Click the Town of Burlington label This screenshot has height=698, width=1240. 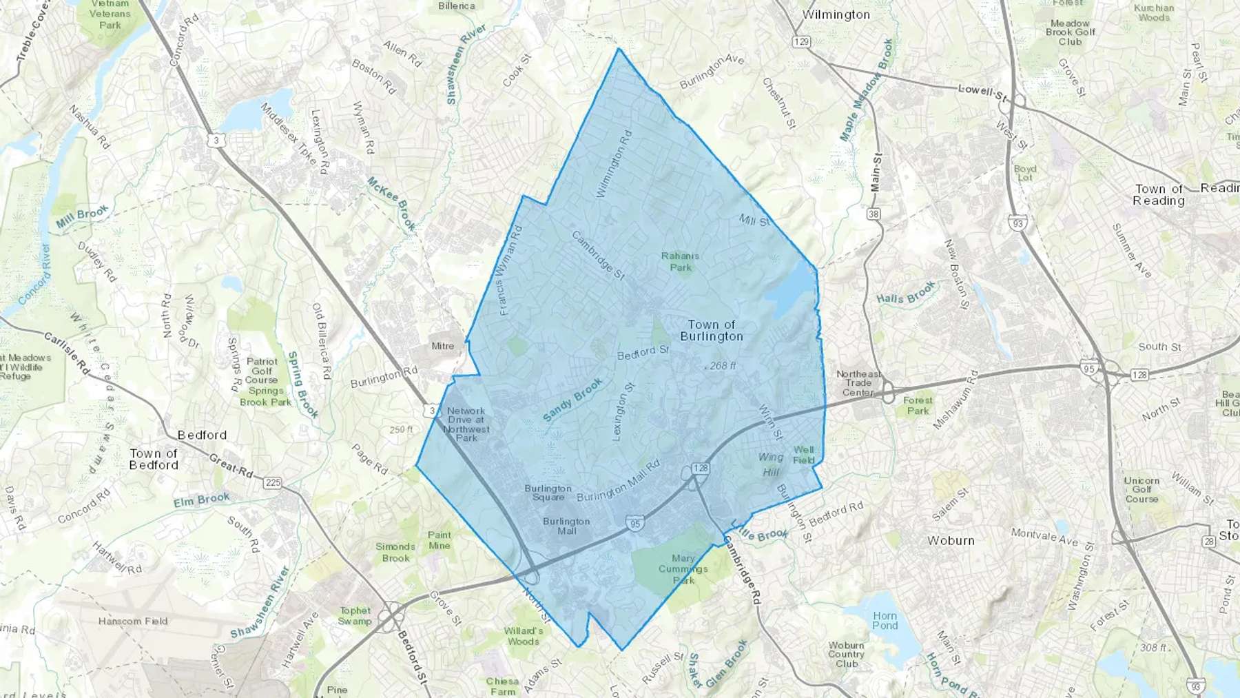pos(712,331)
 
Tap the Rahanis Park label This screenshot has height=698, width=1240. pos(680,262)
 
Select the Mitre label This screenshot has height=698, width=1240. pos(442,346)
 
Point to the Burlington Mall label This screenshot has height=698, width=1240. pos(566,526)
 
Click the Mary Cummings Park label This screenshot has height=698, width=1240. pos(683,569)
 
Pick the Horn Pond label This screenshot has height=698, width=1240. pos(885,621)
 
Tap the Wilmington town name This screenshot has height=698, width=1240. pos(836,14)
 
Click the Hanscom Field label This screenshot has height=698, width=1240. pos(133,621)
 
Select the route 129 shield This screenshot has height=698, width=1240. pos(801,42)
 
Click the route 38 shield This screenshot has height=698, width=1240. pos(874,214)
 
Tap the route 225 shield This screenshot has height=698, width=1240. pos(273,482)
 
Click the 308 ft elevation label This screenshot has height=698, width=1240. pos(1153,648)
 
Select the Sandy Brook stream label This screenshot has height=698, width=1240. pos(572,400)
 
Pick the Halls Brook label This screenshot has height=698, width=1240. pos(905,293)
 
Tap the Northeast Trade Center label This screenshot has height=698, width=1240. pos(858,383)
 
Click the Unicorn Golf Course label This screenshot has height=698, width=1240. pos(1141,490)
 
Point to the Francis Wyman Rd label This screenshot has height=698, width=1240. pos(510,271)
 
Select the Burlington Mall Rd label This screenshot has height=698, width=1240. pos(618,481)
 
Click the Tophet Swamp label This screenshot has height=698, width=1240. pos(355,616)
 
